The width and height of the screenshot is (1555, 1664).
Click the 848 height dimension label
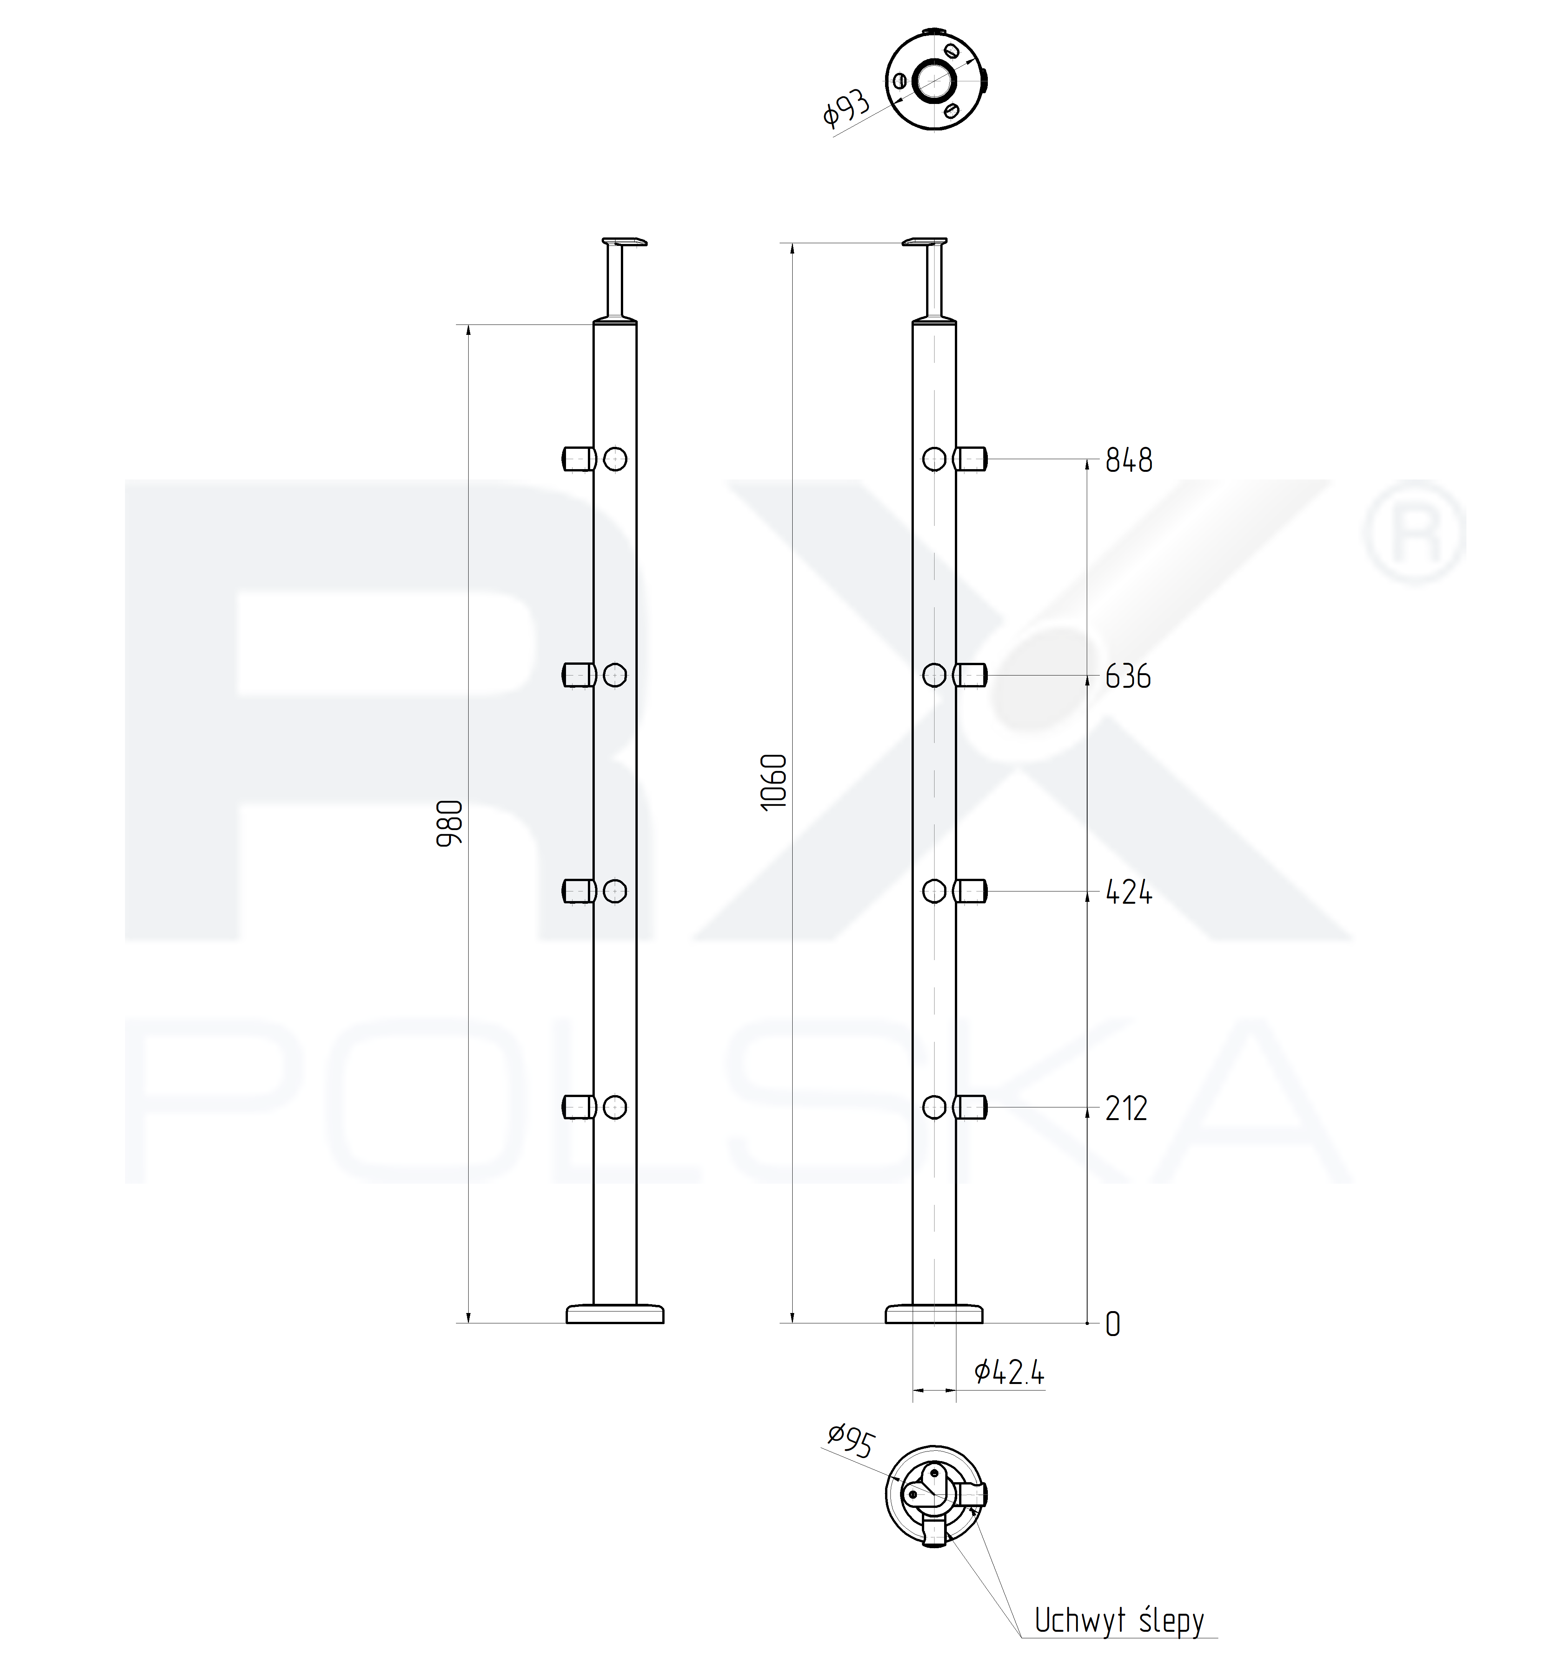1128,460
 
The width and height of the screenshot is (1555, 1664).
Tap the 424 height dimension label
1128,892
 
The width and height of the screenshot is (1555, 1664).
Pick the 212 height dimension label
1126,1108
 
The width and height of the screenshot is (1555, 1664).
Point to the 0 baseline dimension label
1112,1324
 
